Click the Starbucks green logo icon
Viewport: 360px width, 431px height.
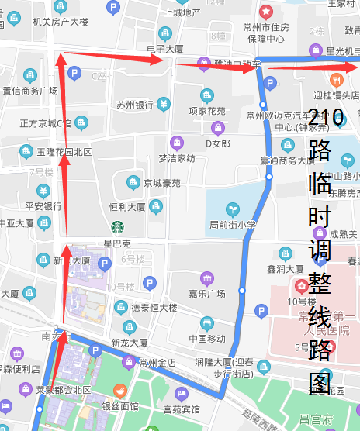click(117, 227)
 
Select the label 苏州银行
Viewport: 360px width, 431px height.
click(134, 105)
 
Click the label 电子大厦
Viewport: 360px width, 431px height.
click(164, 49)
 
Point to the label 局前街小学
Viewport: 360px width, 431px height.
click(232, 225)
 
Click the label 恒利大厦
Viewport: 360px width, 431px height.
click(127, 207)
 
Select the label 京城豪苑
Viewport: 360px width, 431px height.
click(161, 183)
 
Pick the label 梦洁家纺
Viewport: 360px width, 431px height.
click(177, 158)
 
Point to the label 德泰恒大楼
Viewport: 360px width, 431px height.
click(154, 308)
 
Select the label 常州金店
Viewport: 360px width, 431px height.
click(157, 363)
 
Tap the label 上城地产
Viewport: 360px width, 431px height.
click(183, 12)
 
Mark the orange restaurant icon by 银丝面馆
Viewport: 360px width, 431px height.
click(119, 390)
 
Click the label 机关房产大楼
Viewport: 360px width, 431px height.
click(61, 22)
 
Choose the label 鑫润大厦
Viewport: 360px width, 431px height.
click(285, 269)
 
